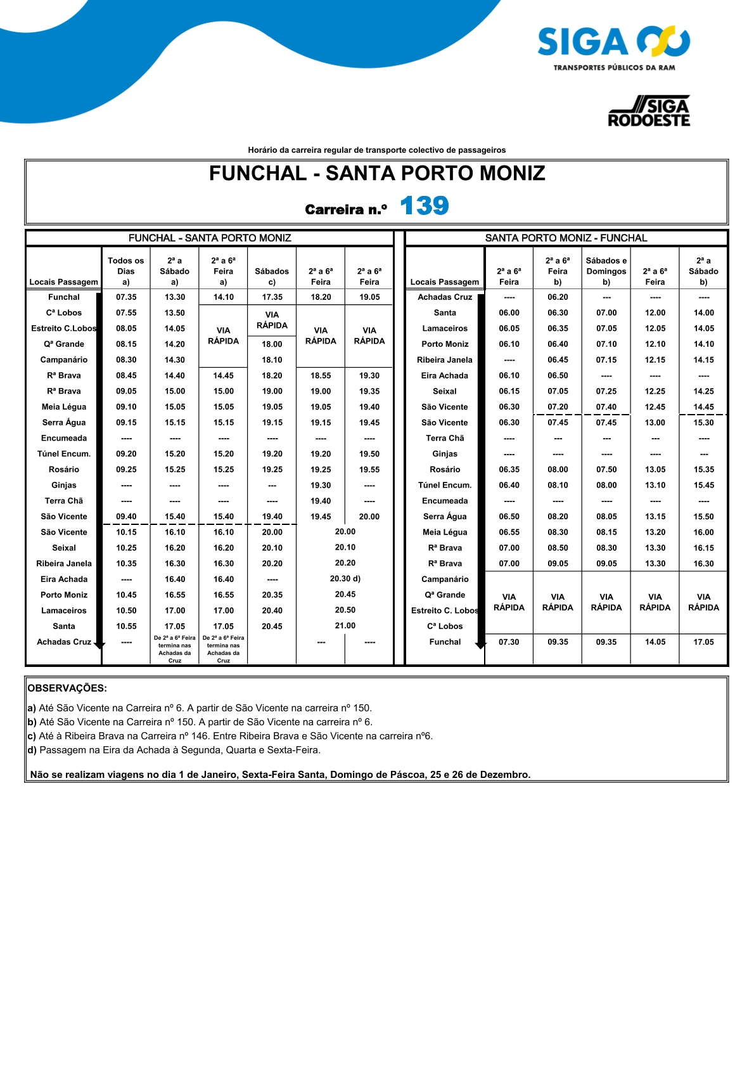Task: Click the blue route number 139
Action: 424,206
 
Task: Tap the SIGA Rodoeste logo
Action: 649,112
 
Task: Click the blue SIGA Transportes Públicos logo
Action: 613,48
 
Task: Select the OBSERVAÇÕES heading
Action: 67,688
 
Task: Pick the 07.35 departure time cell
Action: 126,297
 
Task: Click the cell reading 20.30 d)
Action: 345,579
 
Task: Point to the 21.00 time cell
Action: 345,626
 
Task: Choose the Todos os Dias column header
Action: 126,271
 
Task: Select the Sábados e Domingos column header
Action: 606,271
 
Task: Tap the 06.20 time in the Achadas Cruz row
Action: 558,297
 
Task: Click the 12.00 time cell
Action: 655,313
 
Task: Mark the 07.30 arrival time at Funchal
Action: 509,642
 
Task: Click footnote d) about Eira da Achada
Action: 174,750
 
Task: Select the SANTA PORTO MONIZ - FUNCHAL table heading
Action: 566,238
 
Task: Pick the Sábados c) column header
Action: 272,276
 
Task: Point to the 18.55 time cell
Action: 321,375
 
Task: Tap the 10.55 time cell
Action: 126,626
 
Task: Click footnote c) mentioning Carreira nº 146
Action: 229,736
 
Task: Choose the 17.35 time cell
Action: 272,297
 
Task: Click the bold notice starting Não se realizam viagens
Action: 280,775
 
